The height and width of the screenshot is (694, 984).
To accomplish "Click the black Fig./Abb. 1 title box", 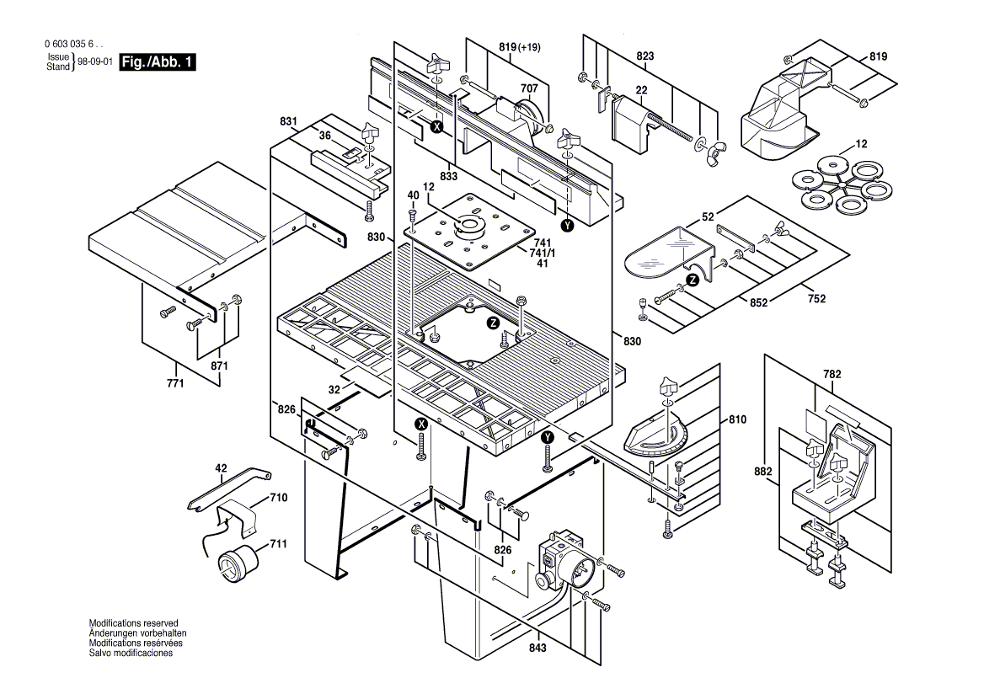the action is point(158,61).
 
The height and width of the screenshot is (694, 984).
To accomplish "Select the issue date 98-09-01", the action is point(94,62).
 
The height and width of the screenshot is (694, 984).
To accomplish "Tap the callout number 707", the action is point(529,88).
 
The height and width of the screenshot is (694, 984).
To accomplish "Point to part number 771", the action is point(175,382).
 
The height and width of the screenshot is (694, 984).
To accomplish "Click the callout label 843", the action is point(537,648).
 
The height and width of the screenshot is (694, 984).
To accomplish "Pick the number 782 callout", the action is point(832,374).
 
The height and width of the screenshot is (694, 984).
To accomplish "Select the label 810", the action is point(737,419).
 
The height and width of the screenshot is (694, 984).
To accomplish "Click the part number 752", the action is point(816,299).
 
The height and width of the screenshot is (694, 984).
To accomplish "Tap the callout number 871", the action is point(220,366).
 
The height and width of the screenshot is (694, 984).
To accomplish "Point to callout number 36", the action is point(324,136).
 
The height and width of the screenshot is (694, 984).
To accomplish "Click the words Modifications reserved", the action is point(133,624).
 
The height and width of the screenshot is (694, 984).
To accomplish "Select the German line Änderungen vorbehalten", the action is point(137,633).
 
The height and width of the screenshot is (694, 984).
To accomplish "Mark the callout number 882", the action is point(762,472).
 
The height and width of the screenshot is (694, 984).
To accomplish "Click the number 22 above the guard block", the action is point(641,90).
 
